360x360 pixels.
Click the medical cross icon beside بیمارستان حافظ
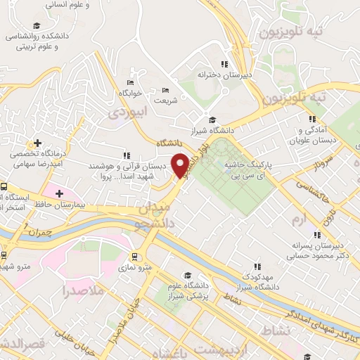[x=59, y=193]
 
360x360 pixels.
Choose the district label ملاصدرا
[x=82, y=290]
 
